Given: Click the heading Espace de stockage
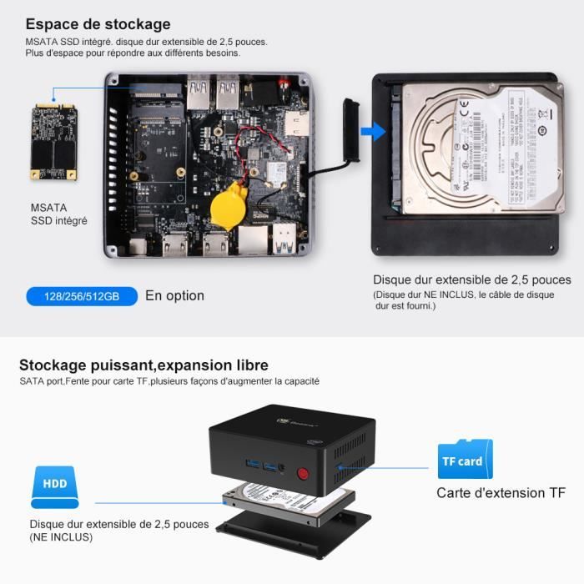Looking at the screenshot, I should [98, 24].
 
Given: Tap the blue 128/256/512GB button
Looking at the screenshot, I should [81, 296].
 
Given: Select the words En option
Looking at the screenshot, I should [174, 295].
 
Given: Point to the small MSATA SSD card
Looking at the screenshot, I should [53, 141].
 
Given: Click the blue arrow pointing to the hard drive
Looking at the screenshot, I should [378, 131].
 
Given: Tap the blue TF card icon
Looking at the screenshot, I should [465, 460].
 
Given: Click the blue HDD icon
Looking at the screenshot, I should [55, 488].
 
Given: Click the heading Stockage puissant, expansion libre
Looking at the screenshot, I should [143, 365].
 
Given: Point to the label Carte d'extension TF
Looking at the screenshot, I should [501, 493].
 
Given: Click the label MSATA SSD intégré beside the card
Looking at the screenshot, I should [58, 214].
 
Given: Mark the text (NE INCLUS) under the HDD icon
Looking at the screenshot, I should [61, 537].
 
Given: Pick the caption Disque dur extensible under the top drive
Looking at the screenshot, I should [472, 280].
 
